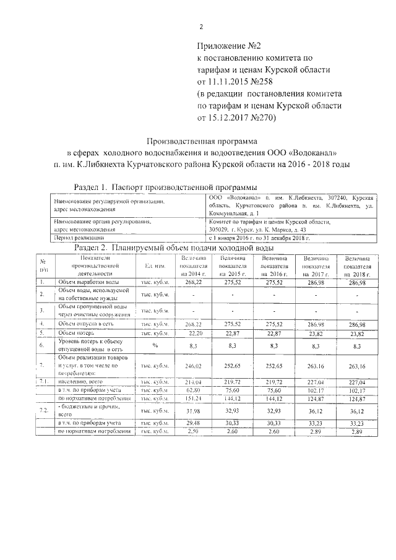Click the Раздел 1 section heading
pyautogui.click(x=166, y=187)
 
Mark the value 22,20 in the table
pyautogui.click(x=193, y=333)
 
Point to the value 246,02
pyautogui.click(x=193, y=366)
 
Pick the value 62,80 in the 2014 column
pyautogui.click(x=193, y=390)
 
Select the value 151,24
pyautogui.click(x=193, y=399)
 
